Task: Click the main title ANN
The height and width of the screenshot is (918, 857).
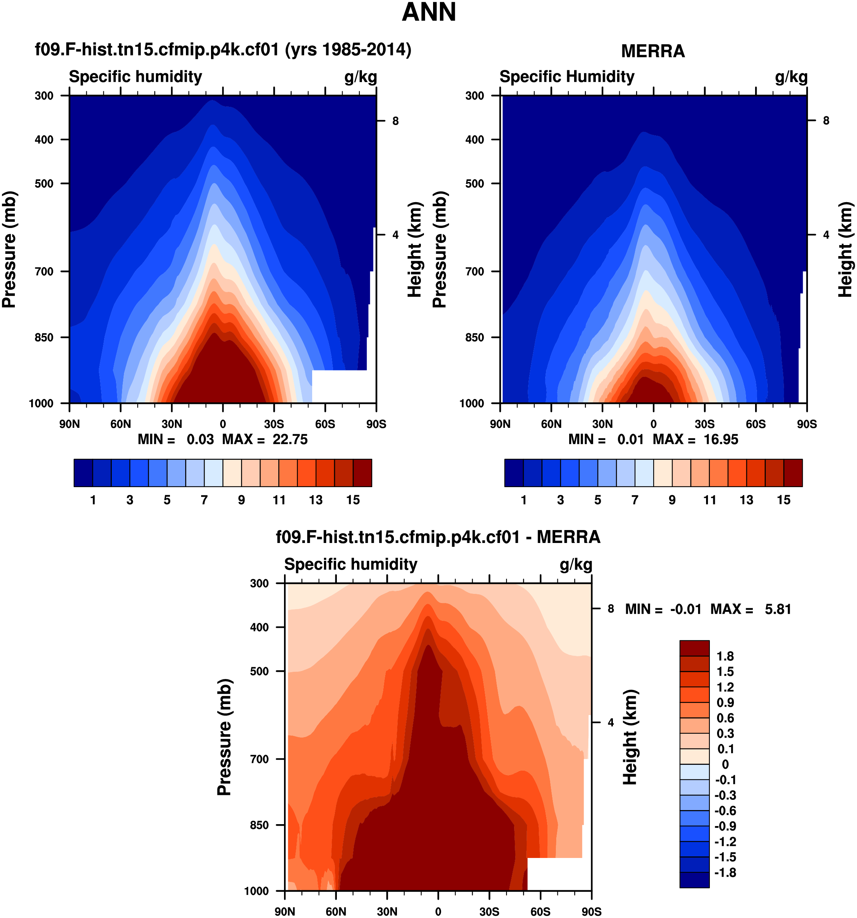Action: click(429, 13)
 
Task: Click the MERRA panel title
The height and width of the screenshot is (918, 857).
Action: click(652, 51)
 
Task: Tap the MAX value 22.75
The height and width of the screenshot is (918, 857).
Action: click(290, 439)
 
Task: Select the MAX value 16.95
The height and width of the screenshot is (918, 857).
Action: click(721, 439)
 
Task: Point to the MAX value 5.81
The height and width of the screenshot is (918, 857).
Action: click(778, 609)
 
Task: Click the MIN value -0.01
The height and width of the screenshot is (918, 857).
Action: click(686, 609)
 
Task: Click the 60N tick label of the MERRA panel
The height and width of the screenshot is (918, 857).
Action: click(551, 424)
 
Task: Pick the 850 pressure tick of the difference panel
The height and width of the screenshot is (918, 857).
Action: click(259, 825)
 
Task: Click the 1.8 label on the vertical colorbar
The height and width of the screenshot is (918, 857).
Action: click(725, 656)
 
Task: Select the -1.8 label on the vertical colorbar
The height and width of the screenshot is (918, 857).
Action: click(725, 872)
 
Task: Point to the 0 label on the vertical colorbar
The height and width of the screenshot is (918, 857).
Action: click(725, 764)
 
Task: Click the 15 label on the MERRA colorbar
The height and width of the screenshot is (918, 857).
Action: click(784, 500)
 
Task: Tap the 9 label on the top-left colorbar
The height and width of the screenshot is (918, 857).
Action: click(241, 500)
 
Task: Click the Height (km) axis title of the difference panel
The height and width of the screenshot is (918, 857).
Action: click(630, 737)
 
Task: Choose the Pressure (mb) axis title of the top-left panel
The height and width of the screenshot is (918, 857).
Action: click(9, 249)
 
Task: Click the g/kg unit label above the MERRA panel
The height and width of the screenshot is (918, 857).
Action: click(791, 77)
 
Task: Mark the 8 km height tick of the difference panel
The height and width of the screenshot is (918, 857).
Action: click(611, 609)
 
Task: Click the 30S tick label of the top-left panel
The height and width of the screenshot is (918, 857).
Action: click(274, 424)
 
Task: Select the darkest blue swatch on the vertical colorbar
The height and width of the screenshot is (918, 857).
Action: click(694, 880)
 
